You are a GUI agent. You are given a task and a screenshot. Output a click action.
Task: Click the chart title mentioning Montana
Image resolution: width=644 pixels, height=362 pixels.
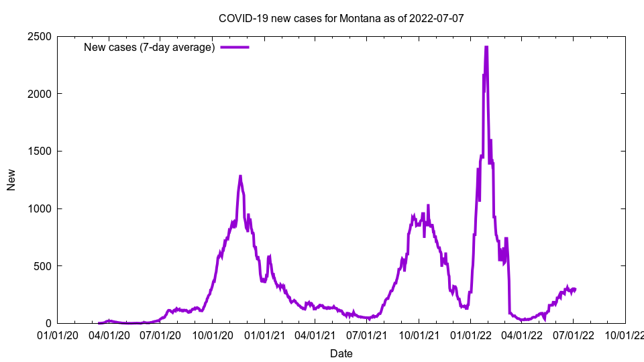tap(341, 18)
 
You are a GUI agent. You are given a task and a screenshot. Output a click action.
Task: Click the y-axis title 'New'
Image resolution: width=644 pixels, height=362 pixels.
tap(11, 180)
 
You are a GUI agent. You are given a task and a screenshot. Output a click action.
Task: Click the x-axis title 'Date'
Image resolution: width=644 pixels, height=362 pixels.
tap(341, 353)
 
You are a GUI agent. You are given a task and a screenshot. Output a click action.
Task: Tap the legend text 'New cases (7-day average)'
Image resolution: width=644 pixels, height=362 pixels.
tap(149, 48)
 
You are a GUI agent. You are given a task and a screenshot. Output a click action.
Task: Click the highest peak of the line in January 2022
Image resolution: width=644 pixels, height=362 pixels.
tap(486, 47)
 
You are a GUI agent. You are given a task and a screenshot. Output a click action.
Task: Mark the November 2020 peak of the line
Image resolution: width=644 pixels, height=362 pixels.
tap(240, 176)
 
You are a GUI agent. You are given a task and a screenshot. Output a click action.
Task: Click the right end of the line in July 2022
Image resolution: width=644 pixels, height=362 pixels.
tap(575, 289)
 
